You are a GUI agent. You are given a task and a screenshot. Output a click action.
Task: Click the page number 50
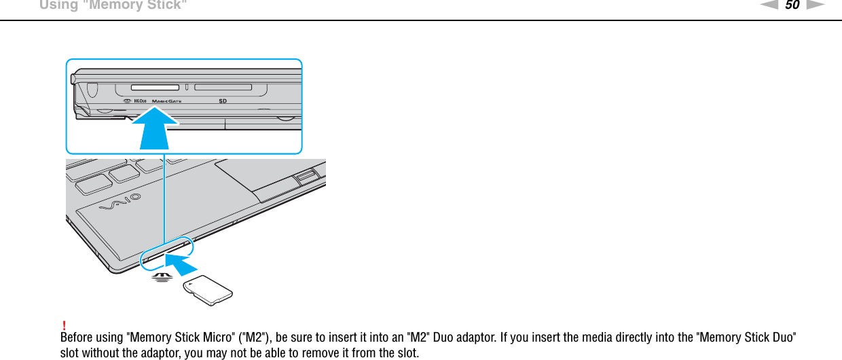[792, 5]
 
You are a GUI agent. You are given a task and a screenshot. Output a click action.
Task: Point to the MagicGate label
[166, 101]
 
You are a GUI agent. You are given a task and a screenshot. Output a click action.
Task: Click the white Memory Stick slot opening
[154, 88]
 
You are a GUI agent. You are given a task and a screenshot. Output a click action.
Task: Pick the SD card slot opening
[223, 88]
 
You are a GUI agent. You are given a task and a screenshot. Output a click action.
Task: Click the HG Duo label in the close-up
[141, 101]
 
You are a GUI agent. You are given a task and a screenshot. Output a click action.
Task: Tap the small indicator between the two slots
[187, 88]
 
